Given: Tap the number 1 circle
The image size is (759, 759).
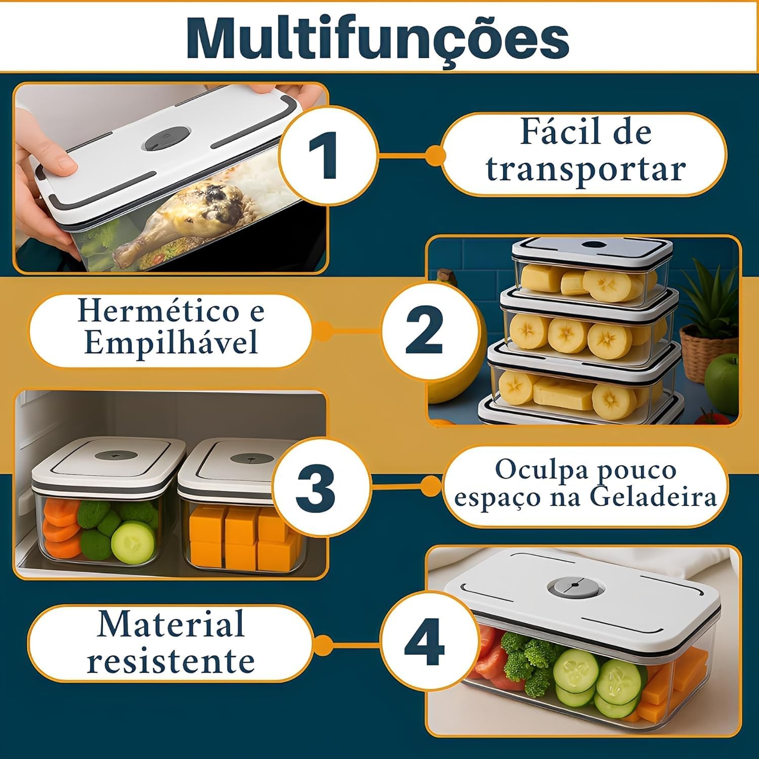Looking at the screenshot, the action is (329, 154).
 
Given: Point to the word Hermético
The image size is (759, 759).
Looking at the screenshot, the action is (157, 311).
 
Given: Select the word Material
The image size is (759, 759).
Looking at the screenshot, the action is (171, 624).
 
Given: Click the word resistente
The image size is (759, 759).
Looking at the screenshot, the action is (171, 661).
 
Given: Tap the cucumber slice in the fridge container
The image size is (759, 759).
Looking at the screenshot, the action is (133, 542).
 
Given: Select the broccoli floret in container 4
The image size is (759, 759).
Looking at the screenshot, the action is (526, 658).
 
